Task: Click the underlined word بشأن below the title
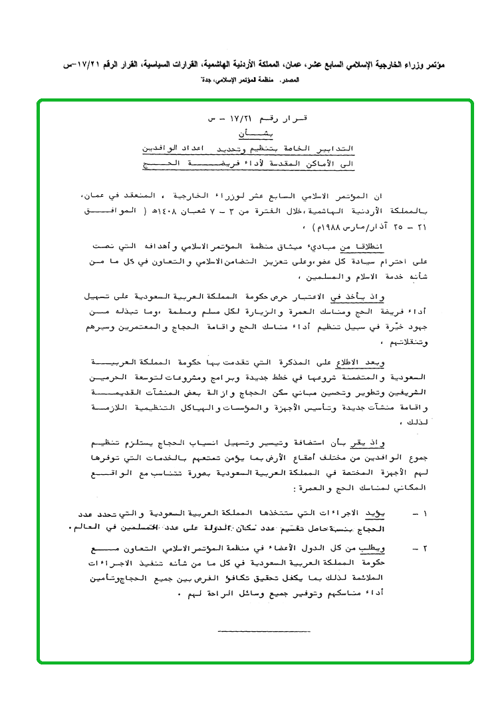[256, 132]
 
